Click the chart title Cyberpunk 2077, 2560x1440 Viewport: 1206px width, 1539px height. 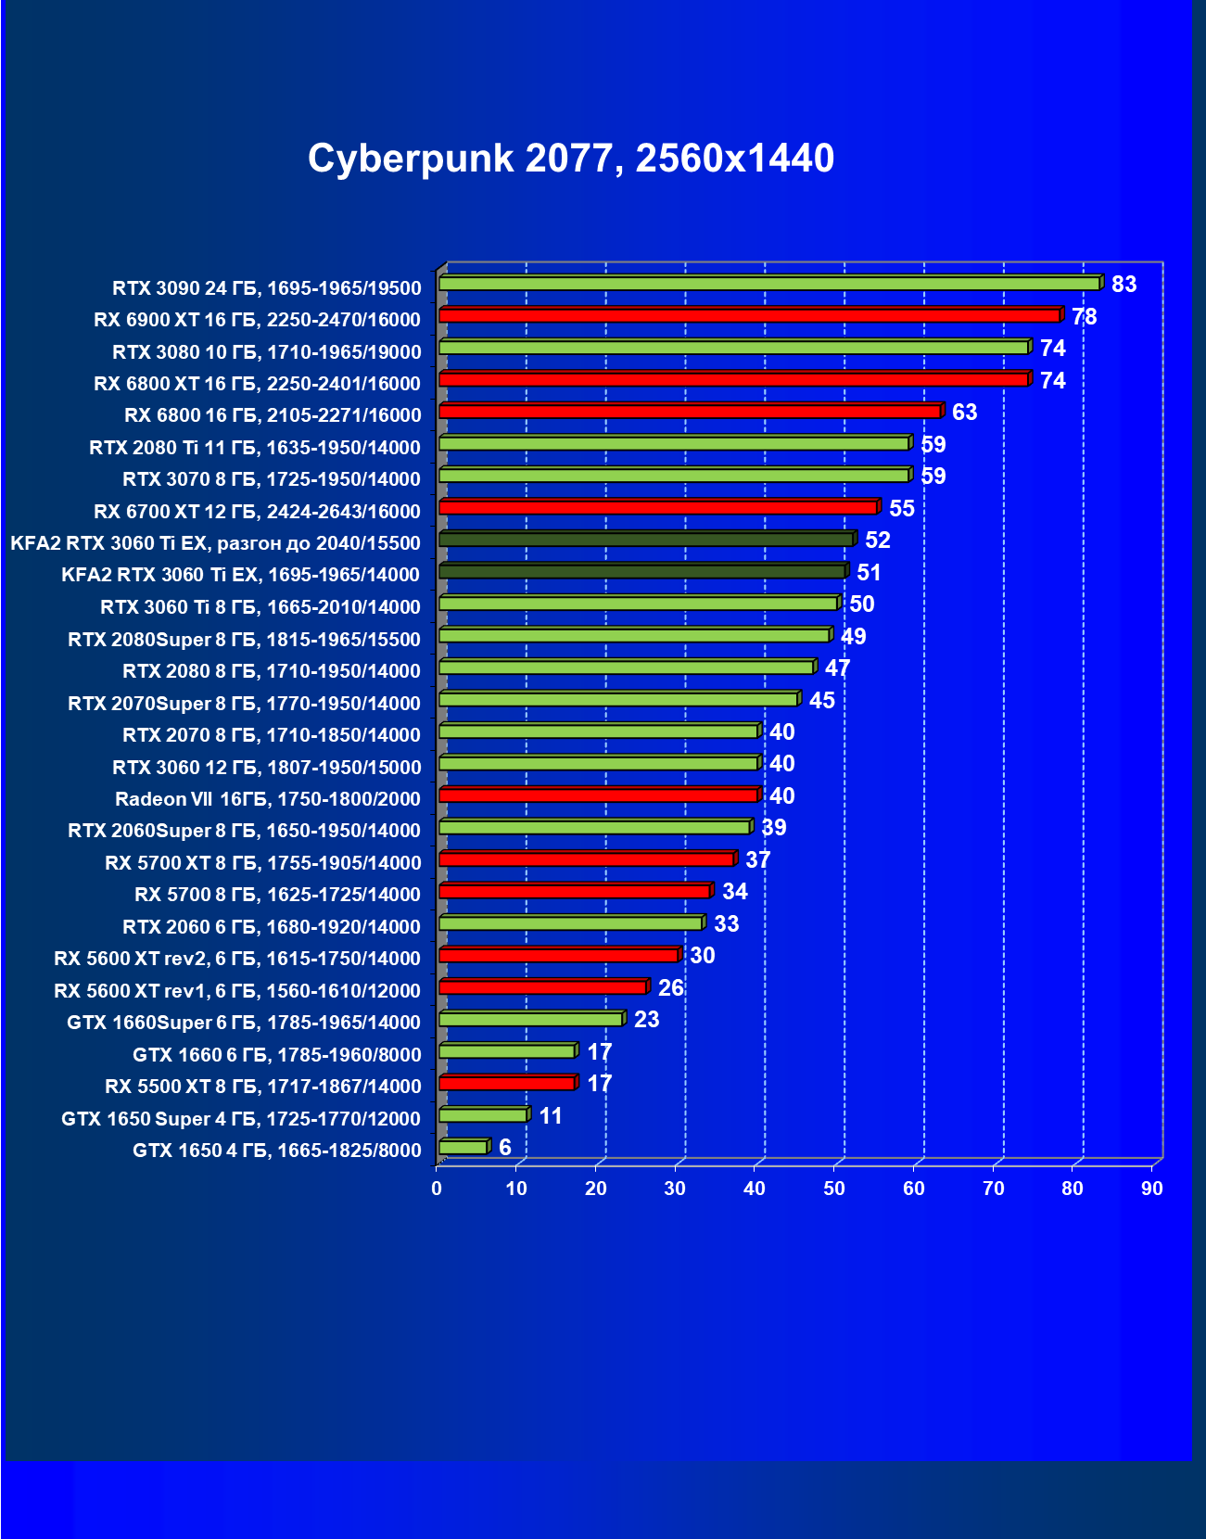pyautogui.click(x=571, y=159)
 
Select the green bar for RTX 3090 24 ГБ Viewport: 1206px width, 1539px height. pyautogui.click(x=769, y=284)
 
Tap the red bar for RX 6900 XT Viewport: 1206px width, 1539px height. pyautogui.click(x=749, y=315)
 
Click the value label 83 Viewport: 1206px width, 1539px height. pyautogui.click(x=1123, y=285)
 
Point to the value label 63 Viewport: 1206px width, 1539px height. pyautogui.click(x=964, y=413)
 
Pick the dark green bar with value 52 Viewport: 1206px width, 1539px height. pyautogui.click(x=646, y=540)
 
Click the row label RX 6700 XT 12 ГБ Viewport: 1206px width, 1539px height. pyautogui.click(x=257, y=511)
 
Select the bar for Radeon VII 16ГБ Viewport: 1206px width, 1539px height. pyautogui.click(x=598, y=795)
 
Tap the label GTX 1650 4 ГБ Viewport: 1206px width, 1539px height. pyautogui.click(x=276, y=1151)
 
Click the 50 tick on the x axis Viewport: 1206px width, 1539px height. pyautogui.click(x=834, y=1189)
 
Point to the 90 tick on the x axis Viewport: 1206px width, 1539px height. pyautogui.click(x=1152, y=1189)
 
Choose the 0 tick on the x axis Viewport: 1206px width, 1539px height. pyautogui.click(x=437, y=1189)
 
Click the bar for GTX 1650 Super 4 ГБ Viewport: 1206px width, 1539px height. pyautogui.click(x=483, y=1115)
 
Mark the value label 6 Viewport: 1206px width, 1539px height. pyautogui.click(x=505, y=1148)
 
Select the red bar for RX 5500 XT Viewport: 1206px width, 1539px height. pyautogui.click(x=507, y=1083)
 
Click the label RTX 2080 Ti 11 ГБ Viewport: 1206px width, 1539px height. pyautogui.click(x=255, y=448)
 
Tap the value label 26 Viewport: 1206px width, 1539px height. pyautogui.click(x=670, y=988)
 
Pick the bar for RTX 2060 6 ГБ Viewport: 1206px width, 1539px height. pyautogui.click(x=570, y=923)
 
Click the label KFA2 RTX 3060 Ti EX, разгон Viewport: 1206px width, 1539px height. pyautogui.click(x=215, y=543)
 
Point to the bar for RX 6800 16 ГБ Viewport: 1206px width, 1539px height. pyautogui.click(x=690, y=412)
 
